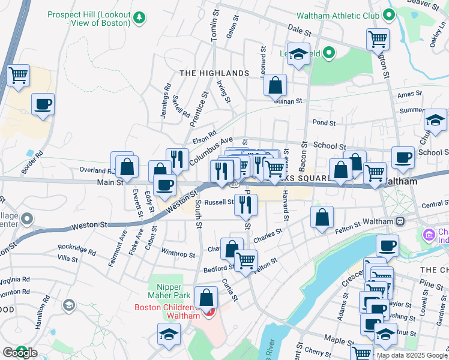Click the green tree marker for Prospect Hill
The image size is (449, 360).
click(x=139, y=17)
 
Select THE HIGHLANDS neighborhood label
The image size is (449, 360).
click(x=214, y=73)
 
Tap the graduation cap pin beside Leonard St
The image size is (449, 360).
click(x=298, y=55)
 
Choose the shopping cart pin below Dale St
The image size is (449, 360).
click(x=378, y=40)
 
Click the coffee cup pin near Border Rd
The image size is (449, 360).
click(x=43, y=104)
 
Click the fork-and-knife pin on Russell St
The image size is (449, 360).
click(x=246, y=205)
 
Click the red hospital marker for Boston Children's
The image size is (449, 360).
click(x=209, y=313)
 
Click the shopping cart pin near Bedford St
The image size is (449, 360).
click(x=246, y=261)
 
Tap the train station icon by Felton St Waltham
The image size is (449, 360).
click(x=400, y=221)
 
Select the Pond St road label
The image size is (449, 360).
click(x=324, y=122)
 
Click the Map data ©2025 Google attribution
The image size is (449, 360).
click(x=412, y=355)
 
